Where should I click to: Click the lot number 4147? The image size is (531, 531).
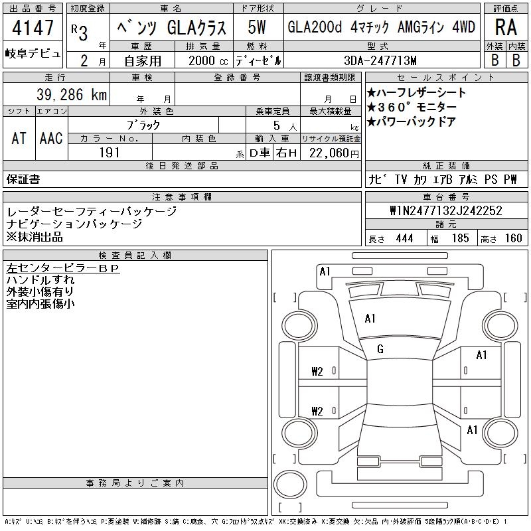33,27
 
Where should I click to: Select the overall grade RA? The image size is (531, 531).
506,27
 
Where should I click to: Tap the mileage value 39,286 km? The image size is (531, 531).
72,94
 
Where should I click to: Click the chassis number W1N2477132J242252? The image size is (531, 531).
446,210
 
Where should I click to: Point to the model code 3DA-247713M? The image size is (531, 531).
380,60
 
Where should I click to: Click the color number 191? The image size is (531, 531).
110,153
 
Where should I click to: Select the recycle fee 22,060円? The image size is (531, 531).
334,153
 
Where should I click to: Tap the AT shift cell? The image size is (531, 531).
19,138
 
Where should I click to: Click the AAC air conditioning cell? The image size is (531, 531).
51,138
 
